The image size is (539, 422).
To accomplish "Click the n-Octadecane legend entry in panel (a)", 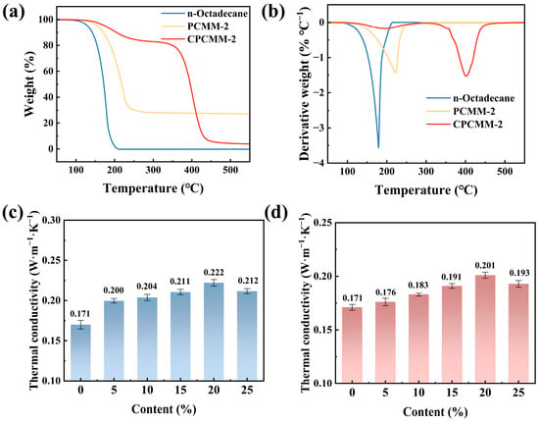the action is [x=204, y=14].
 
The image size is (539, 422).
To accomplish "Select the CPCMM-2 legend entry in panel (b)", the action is [x=465, y=124].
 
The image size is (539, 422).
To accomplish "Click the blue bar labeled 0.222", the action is [x=214, y=332].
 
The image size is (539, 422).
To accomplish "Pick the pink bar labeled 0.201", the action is [x=485, y=329].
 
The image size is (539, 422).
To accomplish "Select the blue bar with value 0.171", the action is [x=80, y=352].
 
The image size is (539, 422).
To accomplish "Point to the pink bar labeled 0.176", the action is [x=385, y=342].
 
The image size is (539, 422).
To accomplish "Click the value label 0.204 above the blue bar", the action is [x=147, y=287].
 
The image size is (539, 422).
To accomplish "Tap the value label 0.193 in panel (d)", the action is [x=518, y=272].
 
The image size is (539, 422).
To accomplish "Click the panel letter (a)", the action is [x=14, y=13].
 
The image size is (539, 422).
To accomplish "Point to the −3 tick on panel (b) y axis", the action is [x=319, y=128].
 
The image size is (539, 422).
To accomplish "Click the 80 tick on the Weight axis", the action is [x=49, y=45].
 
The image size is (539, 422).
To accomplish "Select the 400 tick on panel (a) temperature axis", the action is [x=191, y=170].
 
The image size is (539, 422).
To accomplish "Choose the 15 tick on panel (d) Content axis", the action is [x=452, y=393].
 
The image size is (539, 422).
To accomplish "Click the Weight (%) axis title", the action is [x=30, y=84].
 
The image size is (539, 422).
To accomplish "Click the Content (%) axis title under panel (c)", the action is [x=164, y=409].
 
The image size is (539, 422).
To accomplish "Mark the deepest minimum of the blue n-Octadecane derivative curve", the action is [x=378, y=148].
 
